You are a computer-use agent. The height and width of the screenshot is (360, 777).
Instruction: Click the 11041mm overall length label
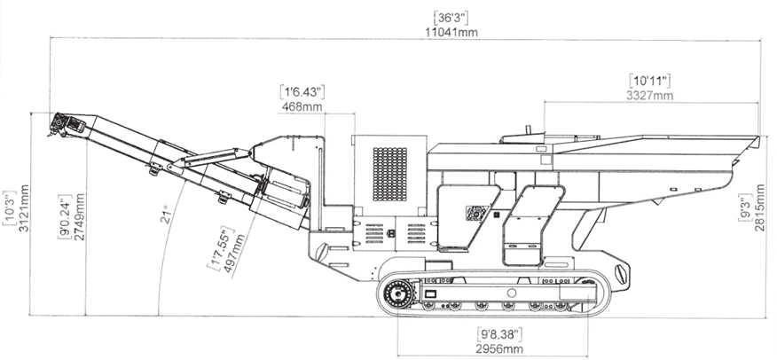(x=452, y=32)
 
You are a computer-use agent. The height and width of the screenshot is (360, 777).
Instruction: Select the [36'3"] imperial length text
(x=452, y=17)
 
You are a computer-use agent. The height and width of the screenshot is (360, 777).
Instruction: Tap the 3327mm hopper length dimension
(x=649, y=95)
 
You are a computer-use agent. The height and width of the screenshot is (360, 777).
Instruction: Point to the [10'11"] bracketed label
(x=650, y=80)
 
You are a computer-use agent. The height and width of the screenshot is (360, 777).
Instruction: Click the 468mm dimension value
(x=302, y=106)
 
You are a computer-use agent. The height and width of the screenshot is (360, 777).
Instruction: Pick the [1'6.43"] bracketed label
(x=302, y=91)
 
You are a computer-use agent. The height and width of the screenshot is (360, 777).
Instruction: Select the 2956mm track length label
(x=500, y=349)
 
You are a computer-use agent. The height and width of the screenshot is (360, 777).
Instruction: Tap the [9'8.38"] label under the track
(x=500, y=334)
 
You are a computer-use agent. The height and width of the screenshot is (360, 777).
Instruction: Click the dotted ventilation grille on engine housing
(x=389, y=174)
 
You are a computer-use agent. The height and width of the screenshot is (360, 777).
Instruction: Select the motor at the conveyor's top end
(x=62, y=123)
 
